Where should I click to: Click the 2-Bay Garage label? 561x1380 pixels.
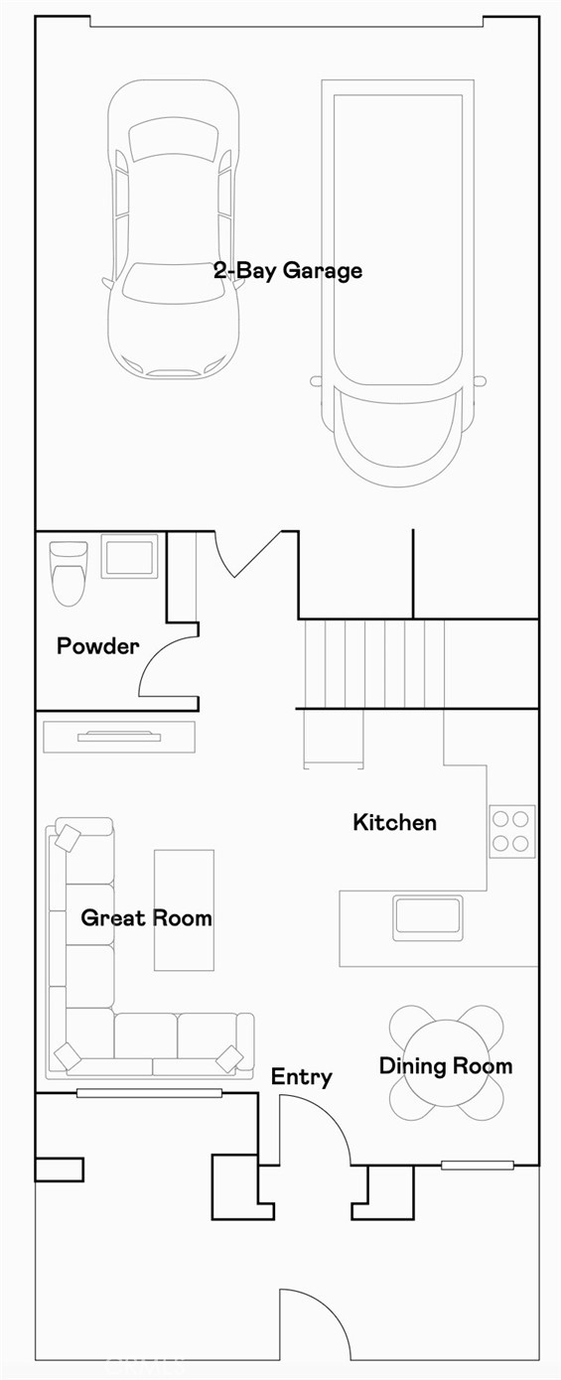288,271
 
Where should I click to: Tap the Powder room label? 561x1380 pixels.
97,646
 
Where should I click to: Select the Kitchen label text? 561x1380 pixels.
394,822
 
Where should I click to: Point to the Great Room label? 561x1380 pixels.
146,917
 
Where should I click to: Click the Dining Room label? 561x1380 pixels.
446,1066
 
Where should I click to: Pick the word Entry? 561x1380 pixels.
301,1077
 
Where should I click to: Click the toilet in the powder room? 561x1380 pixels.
69,572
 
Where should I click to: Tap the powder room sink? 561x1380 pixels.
130,556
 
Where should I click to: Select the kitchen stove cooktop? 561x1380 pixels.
511,831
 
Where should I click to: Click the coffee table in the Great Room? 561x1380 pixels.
184,909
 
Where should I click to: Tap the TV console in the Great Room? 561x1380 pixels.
119,737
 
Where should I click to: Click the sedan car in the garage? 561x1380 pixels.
174,228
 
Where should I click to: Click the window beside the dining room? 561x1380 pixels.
478,1165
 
